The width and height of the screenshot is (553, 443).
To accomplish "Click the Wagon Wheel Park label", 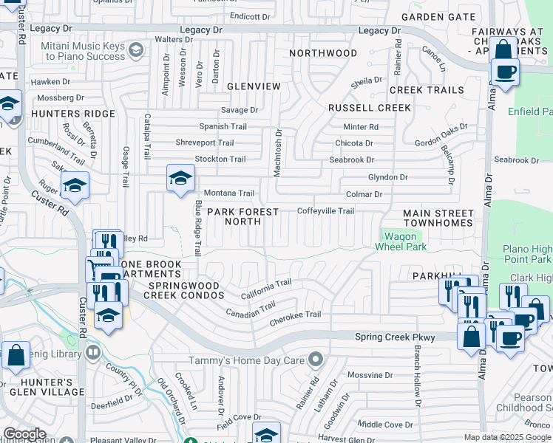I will [x=404, y=241].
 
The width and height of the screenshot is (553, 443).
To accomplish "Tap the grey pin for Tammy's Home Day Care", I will [x=316, y=360].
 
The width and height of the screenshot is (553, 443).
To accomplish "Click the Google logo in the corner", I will [x=24, y=435].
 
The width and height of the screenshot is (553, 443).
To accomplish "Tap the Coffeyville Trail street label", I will [x=325, y=211].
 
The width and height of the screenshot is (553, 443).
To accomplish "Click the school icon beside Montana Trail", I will [x=180, y=178].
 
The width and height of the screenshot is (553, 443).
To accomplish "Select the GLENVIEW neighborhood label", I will [x=254, y=86].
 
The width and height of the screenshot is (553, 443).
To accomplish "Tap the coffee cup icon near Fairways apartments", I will [x=505, y=72].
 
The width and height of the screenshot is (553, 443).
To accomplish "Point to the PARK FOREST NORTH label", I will [x=242, y=217].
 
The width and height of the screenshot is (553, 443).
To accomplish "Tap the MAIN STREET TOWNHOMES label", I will [x=438, y=218].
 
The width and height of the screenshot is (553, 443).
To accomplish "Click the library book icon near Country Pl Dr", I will [x=92, y=351].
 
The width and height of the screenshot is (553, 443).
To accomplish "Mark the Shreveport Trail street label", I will [x=205, y=142].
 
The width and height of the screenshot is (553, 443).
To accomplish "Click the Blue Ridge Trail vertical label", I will [x=197, y=227].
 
